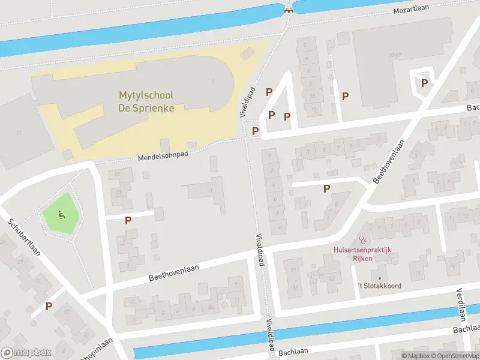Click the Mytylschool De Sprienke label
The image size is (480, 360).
coord(146,102)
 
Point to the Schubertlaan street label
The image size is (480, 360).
coord(24,236)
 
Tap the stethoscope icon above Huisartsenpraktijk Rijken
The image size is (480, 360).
coord(362,240)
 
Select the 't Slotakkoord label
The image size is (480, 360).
coord(380,286)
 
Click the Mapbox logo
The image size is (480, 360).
coord(26,353)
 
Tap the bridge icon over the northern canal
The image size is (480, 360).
coord(289,8)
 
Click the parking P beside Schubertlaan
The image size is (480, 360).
coord(49,306)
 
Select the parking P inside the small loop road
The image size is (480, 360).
coord(425,83)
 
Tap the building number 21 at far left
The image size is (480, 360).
coord(19,132)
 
